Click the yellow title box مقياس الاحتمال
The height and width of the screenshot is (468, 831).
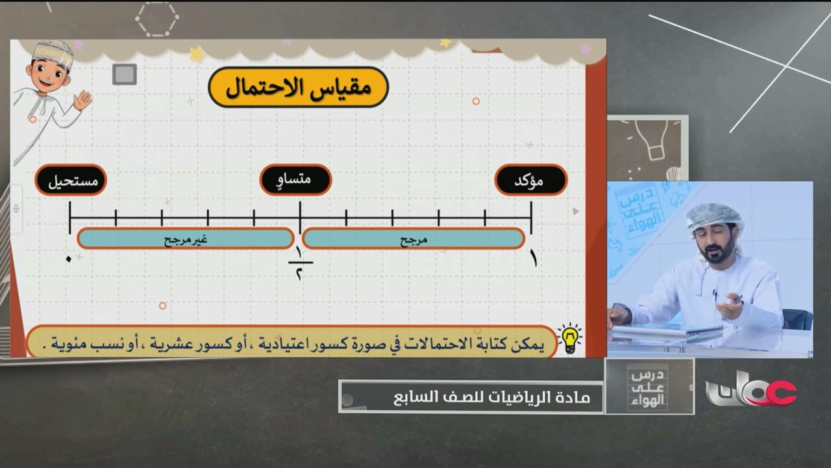click(298, 87)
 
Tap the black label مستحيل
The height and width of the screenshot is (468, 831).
click(71, 180)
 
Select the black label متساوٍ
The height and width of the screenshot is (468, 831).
click(296, 180)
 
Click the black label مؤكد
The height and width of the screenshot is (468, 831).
click(531, 180)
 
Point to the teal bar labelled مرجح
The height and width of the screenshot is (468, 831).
click(413, 239)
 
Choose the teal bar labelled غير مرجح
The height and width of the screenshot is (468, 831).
click(185, 239)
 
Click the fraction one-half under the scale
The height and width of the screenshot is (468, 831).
click(300, 263)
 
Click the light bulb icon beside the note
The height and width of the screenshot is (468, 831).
click(570, 339)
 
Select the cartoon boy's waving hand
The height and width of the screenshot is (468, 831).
click(82, 99)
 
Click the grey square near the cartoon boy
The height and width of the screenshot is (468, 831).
click(124, 74)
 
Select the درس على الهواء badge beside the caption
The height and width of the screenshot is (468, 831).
click(649, 386)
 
